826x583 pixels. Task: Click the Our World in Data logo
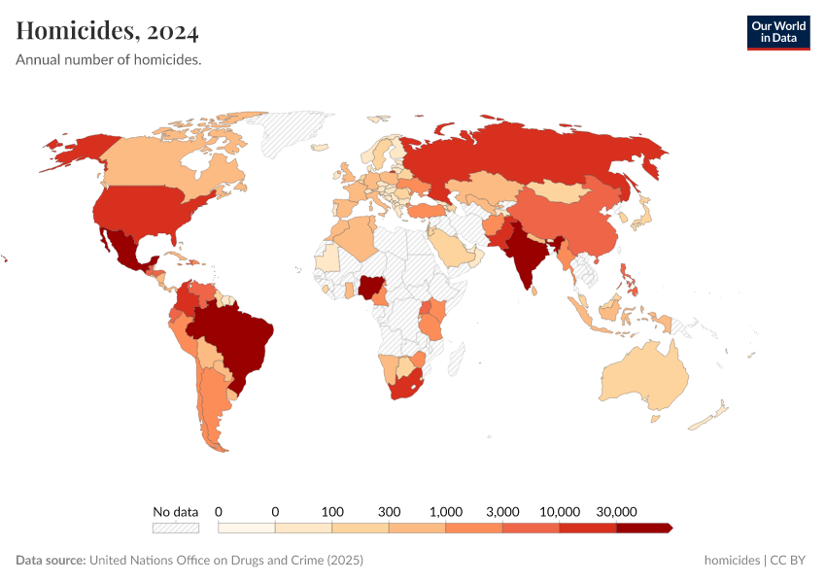tap(777, 32)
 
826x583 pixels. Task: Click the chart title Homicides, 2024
tap(107, 32)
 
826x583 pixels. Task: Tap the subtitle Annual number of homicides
tap(108, 60)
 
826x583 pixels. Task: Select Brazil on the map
tap(238, 335)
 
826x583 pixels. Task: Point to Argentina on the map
tap(212, 408)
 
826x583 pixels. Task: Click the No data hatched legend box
tap(175, 528)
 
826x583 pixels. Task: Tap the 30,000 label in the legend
tap(616, 511)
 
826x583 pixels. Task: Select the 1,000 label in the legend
tap(446, 511)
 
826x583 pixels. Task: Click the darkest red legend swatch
tap(642, 528)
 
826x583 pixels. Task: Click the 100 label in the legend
tap(332, 511)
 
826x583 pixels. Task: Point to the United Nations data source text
tap(225, 561)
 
